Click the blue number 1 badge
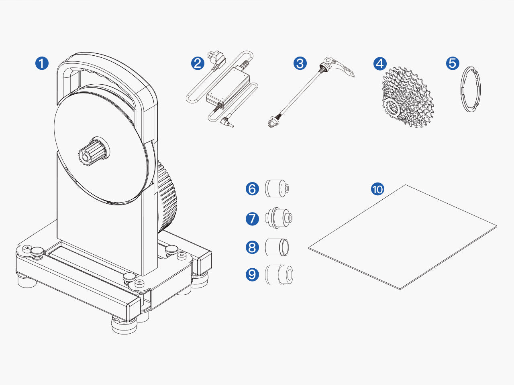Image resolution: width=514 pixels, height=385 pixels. (42, 63)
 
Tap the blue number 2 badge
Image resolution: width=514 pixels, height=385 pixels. (198, 63)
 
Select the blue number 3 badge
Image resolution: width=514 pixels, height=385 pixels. (300, 63)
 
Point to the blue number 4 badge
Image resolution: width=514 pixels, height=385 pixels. (380, 63)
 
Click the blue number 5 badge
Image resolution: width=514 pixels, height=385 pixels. (453, 63)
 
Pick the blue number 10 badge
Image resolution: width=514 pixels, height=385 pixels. (378, 189)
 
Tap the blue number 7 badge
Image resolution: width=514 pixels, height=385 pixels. (252, 219)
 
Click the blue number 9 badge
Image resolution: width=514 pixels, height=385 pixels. (252, 274)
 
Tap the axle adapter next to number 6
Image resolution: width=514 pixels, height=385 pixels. (277, 188)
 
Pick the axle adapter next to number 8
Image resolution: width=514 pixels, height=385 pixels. (277, 247)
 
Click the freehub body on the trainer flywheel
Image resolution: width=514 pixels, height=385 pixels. (94, 152)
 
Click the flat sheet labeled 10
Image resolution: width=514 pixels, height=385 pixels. (403, 237)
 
